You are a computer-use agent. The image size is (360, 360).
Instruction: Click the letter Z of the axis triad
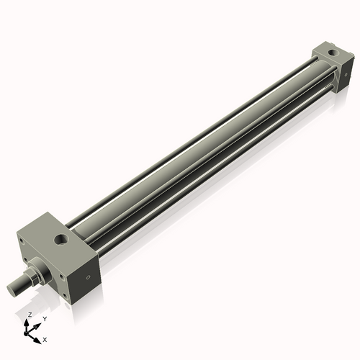tap(29, 315)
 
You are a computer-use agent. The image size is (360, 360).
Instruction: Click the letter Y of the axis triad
tap(45, 319)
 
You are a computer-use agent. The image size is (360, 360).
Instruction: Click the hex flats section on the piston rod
tap(32, 276)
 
